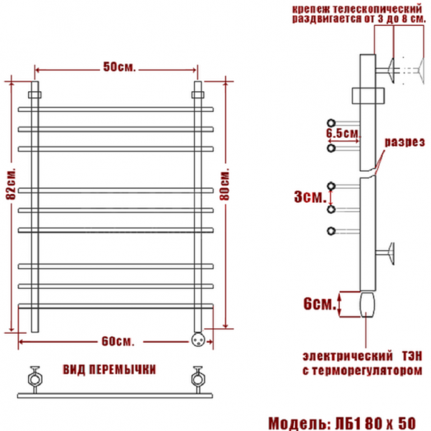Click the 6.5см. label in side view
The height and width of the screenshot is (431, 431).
pos(343,134)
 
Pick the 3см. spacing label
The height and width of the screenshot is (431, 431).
pos(307,196)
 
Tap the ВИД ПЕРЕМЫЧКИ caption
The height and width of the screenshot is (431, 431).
pos(110,369)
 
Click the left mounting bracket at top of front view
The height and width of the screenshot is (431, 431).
pos(34,94)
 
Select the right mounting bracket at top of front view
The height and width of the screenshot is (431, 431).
pos(198,94)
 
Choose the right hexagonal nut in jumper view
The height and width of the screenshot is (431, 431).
pos(196,376)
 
